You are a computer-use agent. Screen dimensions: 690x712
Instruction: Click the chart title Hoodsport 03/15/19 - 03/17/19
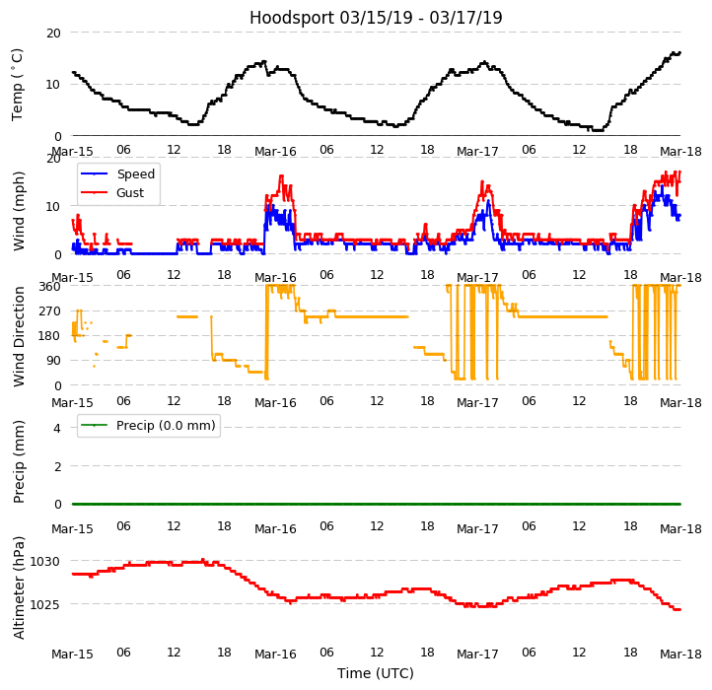point(376,18)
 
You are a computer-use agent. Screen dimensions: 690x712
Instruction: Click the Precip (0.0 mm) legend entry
point(158,426)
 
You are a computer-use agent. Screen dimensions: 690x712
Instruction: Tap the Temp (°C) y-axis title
point(19,84)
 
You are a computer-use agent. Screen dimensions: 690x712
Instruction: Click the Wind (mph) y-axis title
point(19,210)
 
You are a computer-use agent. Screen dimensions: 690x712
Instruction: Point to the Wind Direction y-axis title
point(19,336)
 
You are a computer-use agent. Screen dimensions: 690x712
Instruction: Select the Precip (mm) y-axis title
point(19,461)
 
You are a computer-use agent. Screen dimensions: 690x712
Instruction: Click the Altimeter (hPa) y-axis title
point(19,587)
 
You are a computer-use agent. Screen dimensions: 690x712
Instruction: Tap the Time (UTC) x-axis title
point(376,673)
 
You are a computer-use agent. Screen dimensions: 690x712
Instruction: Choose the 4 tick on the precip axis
point(57,428)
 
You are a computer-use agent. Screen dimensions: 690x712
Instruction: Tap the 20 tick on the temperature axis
point(53,34)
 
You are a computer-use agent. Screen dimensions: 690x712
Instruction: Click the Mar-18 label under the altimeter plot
point(680,654)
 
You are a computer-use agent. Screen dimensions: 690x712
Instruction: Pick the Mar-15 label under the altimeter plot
point(72,654)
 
